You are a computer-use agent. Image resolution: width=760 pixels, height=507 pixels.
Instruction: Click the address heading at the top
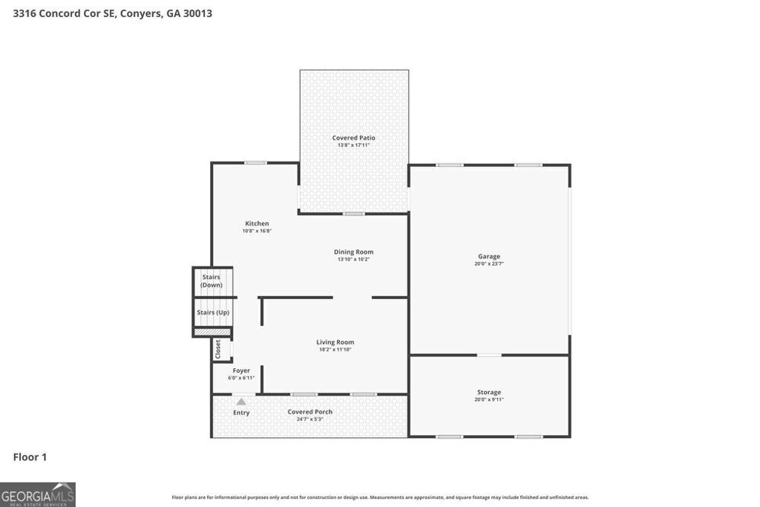(x=113, y=13)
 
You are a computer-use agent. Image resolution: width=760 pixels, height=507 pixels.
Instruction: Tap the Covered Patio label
(x=353, y=137)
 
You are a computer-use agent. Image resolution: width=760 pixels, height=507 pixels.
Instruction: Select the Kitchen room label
(x=257, y=223)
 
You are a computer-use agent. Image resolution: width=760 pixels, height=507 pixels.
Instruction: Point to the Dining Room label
(x=353, y=252)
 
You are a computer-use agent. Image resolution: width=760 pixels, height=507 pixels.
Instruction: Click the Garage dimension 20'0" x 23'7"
(x=489, y=264)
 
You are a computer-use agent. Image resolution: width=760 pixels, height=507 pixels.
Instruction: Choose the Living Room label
(x=335, y=342)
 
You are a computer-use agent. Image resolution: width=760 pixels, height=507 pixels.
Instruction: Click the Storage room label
(x=489, y=392)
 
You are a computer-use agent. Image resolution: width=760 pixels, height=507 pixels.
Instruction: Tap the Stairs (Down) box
(x=212, y=281)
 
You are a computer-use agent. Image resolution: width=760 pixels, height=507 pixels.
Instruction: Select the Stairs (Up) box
(x=212, y=313)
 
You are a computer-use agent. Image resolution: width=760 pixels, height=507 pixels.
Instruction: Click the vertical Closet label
(x=217, y=350)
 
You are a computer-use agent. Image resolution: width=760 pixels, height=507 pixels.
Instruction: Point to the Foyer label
(x=241, y=370)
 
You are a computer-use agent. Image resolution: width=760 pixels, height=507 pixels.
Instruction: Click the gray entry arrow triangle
(x=241, y=402)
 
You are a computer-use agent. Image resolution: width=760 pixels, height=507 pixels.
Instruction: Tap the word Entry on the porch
(x=241, y=413)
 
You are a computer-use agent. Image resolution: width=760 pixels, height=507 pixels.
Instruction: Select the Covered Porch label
(x=310, y=412)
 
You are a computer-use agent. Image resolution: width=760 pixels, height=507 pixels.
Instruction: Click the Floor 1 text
(x=30, y=457)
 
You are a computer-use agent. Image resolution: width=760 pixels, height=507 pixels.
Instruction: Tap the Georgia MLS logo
(x=38, y=494)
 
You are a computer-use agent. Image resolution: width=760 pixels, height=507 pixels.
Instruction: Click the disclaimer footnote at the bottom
(x=380, y=497)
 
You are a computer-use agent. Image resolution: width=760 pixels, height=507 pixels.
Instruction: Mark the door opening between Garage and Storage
(x=488, y=355)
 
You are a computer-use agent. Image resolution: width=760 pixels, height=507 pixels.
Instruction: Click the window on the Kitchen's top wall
(x=256, y=163)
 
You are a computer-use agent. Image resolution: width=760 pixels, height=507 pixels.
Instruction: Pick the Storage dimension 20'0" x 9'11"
(x=489, y=400)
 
